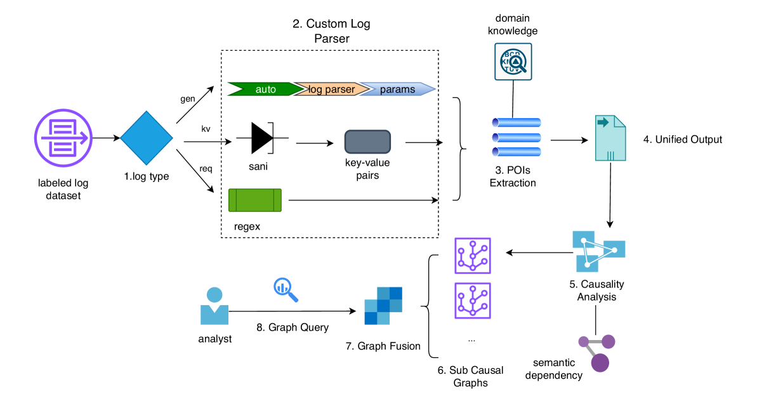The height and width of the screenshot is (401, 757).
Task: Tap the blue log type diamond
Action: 147,138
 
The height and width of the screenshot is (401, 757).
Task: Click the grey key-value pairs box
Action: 367,141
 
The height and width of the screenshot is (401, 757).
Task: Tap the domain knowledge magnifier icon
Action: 512,62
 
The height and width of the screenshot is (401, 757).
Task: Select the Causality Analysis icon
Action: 598,251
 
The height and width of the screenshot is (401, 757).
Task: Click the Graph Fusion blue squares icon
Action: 383,306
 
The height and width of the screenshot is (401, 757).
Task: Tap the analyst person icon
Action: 214,306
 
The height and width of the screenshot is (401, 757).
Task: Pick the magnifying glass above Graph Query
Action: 286,289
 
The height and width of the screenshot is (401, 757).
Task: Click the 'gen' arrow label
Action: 188,99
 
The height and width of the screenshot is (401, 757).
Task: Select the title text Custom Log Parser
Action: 331,31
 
